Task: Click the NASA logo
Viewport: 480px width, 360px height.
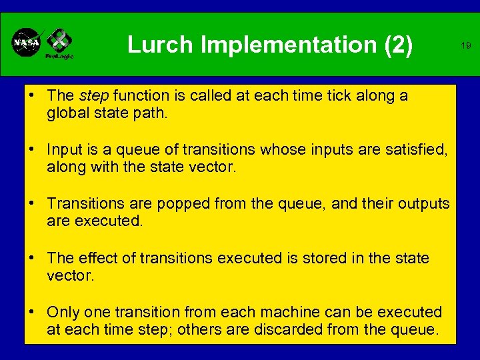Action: point(26,43)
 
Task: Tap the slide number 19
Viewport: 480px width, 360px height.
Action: point(466,46)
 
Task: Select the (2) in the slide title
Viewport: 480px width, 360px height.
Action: point(399,45)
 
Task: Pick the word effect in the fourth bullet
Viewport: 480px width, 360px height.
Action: point(99,258)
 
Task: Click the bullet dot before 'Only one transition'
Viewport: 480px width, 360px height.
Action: point(32,312)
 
